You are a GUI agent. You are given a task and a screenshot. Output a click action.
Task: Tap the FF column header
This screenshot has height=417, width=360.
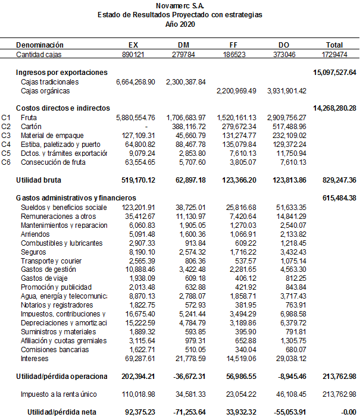(234, 45)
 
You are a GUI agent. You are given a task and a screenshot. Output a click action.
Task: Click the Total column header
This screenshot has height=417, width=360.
(334, 45)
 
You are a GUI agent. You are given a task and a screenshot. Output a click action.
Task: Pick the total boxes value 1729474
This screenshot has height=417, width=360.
(334, 54)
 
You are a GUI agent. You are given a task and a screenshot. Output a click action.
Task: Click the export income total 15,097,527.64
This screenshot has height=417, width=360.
(334, 72)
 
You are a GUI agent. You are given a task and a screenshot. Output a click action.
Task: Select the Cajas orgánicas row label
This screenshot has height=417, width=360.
(45, 91)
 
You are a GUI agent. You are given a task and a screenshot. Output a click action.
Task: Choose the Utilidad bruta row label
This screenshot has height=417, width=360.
(39, 179)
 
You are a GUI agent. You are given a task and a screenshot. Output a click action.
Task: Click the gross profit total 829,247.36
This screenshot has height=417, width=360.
(337, 179)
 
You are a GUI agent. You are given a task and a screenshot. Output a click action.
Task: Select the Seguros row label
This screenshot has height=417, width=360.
(34, 252)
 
